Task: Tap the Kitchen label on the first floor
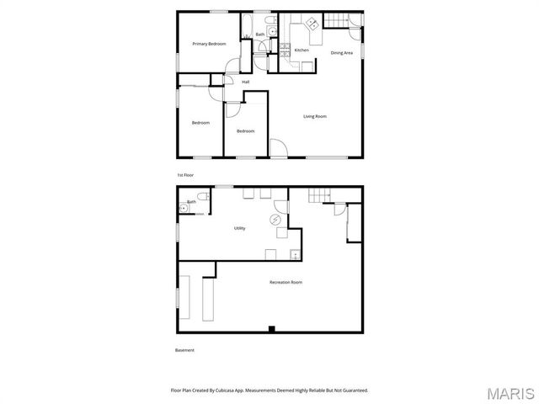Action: (301, 50)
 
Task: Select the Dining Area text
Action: (341, 53)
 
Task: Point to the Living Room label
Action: (315, 116)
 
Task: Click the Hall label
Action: (246, 82)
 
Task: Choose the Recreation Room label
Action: (286, 282)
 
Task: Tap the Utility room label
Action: (240, 228)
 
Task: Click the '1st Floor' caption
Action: (185, 174)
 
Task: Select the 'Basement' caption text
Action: (184, 350)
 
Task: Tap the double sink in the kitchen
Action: (310, 24)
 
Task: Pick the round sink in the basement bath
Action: (183, 208)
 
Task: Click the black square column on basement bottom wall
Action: (270, 328)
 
